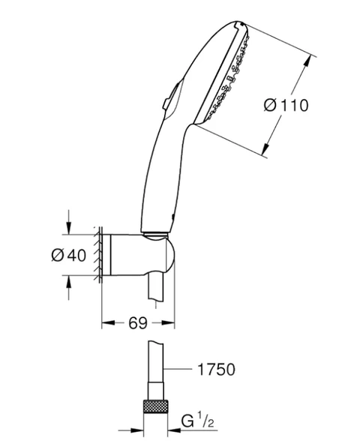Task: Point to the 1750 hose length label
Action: click(x=216, y=369)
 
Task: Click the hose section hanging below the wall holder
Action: click(x=157, y=288)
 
